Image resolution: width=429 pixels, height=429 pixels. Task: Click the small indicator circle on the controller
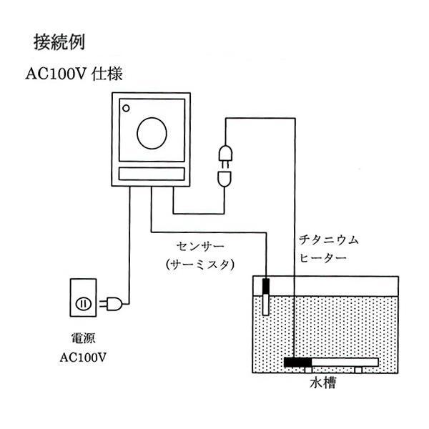pyautogui.click(x=127, y=109)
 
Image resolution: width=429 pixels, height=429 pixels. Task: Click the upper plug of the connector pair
pyautogui.click(x=224, y=154)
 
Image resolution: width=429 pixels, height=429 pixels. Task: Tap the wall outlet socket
pyautogui.click(x=83, y=304)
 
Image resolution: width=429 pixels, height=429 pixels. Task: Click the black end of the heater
pyautogui.click(x=298, y=363)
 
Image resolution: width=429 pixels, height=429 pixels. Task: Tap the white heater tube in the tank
pyautogui.click(x=343, y=363)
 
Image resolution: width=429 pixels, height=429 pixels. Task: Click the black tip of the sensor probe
pyautogui.click(x=265, y=286)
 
